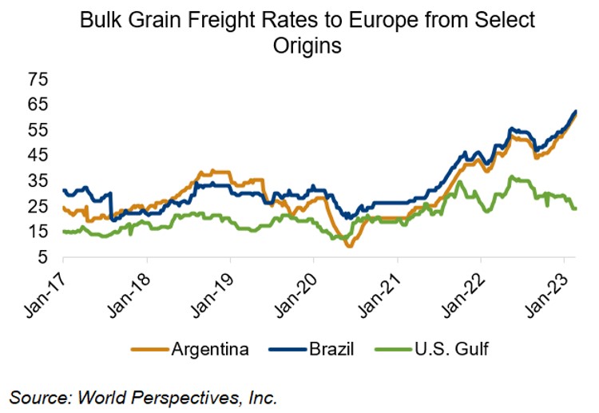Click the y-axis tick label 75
point(38,79)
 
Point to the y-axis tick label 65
point(38,105)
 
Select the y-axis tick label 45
point(38,156)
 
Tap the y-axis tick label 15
point(38,232)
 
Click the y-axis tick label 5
point(43,257)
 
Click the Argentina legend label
point(210,349)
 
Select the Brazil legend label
point(331,349)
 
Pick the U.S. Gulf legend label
point(451,349)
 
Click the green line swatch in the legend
point(394,349)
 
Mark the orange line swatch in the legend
point(150,349)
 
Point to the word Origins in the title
point(307,46)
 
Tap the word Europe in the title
point(383,21)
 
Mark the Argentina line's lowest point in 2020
point(350,246)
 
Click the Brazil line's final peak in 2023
point(575,111)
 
